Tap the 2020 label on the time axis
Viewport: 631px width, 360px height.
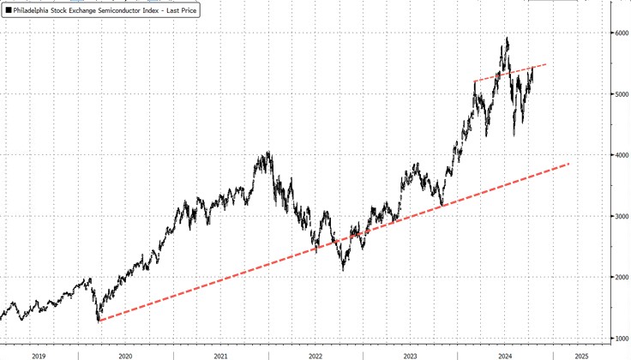[x=125, y=354]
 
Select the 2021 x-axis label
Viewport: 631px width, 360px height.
[x=220, y=354]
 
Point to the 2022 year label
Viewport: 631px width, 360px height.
[x=315, y=354]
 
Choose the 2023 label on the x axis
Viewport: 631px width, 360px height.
[x=411, y=354]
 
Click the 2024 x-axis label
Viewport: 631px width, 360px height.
[x=506, y=354]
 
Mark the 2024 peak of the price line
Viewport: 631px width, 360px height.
[x=507, y=38]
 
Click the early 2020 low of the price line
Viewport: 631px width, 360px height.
[x=99, y=321]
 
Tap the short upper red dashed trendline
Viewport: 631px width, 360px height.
[x=510, y=73]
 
